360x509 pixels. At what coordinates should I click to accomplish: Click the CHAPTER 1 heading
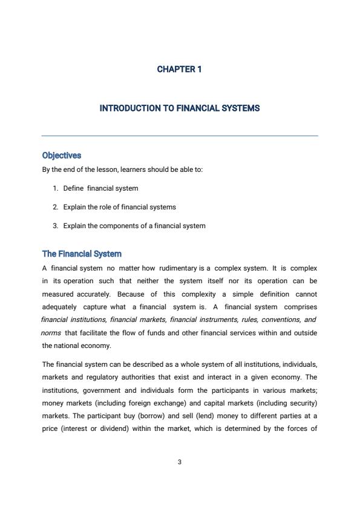pyautogui.click(x=179, y=69)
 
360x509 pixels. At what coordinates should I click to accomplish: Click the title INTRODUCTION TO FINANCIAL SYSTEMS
pyautogui.click(x=180, y=108)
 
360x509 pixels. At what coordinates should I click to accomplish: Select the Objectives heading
pyautogui.click(x=61, y=156)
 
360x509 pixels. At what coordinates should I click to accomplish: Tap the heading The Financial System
pyautogui.click(x=82, y=254)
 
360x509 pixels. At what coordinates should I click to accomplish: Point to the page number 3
pyautogui.click(x=180, y=462)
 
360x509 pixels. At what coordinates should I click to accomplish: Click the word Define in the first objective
pyautogui.click(x=73, y=188)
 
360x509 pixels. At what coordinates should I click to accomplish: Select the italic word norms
pyautogui.click(x=51, y=333)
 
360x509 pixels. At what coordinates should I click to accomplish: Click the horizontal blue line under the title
pyautogui.click(x=180, y=136)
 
